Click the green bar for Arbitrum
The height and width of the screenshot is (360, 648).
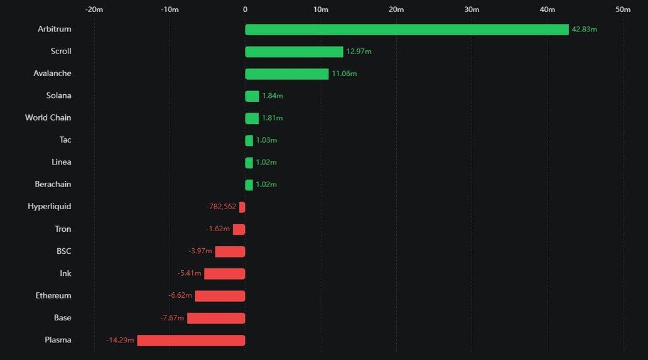point(406,30)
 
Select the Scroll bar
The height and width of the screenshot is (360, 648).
point(294,52)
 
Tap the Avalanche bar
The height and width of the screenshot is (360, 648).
point(286,74)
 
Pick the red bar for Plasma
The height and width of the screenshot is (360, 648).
point(191,341)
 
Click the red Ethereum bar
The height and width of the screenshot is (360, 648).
point(220,296)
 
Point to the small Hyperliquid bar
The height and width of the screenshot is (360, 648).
point(242,207)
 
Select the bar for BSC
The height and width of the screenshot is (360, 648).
point(230,251)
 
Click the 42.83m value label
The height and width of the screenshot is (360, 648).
point(584,30)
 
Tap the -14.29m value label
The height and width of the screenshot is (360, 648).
point(120,341)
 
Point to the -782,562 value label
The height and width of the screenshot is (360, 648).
point(221,207)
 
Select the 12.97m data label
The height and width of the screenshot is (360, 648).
point(359,52)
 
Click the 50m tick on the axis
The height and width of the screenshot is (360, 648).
point(623,9)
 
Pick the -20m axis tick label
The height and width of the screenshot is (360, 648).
point(94,9)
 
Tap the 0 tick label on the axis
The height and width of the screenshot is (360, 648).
point(245,9)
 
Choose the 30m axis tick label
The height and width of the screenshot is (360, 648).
point(472,9)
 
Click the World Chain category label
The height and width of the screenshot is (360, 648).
point(48,118)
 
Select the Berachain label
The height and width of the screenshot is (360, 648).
point(53,185)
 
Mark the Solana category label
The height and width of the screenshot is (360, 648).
point(58,96)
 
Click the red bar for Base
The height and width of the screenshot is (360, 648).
point(216,319)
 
